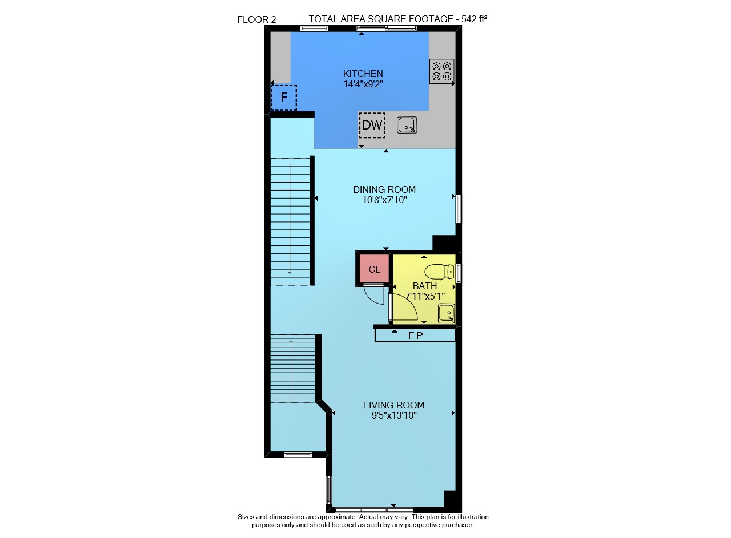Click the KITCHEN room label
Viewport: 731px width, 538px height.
[x=363, y=74]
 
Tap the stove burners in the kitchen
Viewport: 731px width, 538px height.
[x=441, y=71]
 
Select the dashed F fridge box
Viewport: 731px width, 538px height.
[x=284, y=98]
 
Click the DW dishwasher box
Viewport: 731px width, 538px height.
[x=372, y=125]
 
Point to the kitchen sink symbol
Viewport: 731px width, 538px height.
[x=407, y=125]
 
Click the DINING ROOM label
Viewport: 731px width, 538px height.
[x=384, y=189]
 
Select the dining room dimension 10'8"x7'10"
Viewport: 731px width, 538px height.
[x=385, y=200]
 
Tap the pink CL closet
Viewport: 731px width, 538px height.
[x=374, y=268]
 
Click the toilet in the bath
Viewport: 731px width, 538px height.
[x=439, y=272]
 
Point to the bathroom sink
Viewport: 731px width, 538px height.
[x=446, y=313]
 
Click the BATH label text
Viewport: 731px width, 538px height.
[x=424, y=286]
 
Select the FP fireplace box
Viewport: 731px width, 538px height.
[x=415, y=335]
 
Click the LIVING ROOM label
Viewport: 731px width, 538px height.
[x=394, y=405]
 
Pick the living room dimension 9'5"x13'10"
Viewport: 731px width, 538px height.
[x=394, y=416]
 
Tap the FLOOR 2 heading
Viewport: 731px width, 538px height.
[x=256, y=20]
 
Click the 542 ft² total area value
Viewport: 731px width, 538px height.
[x=474, y=19]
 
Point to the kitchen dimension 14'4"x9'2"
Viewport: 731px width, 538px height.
[x=363, y=84]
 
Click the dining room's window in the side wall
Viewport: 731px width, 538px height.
[x=459, y=209]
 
